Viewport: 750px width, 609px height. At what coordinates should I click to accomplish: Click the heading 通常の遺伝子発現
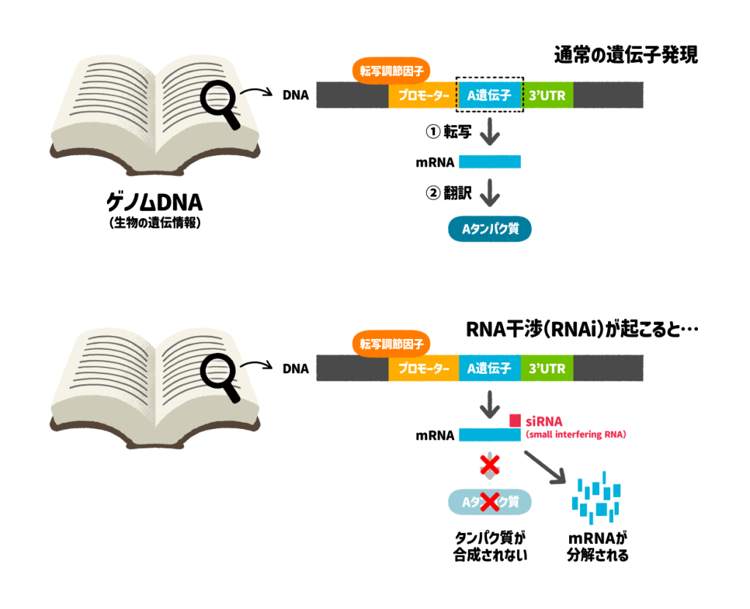(x=625, y=55)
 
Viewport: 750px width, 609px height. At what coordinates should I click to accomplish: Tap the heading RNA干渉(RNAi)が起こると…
(x=582, y=330)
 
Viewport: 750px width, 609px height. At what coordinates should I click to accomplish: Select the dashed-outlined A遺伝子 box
(x=489, y=94)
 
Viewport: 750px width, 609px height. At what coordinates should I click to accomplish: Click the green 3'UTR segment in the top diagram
(x=547, y=95)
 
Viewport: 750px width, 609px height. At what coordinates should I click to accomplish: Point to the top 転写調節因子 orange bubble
(x=391, y=71)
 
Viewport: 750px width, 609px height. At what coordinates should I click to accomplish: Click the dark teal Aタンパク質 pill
(x=489, y=229)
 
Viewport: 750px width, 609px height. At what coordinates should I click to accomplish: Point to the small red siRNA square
(x=516, y=420)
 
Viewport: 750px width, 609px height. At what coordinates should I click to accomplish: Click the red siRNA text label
(x=545, y=421)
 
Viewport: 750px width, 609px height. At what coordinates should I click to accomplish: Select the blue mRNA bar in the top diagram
(x=489, y=162)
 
